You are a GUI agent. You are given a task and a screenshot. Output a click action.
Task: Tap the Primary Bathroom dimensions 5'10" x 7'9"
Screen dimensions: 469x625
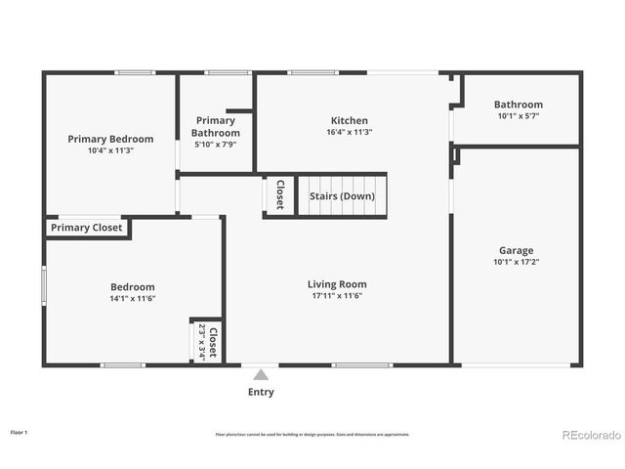216,145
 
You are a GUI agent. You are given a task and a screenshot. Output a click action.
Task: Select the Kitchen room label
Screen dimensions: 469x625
350,119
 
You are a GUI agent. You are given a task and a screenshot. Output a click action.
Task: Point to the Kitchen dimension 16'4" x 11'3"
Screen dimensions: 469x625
350,132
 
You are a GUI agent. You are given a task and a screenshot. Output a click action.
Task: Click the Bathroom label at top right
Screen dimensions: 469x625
518,105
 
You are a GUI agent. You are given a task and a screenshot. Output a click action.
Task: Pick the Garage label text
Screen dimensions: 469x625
517,250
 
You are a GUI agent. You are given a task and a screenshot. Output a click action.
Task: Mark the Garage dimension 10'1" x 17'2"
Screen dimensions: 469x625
517,262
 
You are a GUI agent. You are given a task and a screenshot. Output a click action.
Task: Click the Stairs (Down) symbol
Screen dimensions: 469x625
342,195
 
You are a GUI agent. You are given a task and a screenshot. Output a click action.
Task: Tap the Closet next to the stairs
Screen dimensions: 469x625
279,195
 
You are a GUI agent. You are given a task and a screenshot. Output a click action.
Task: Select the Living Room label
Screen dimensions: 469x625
337,284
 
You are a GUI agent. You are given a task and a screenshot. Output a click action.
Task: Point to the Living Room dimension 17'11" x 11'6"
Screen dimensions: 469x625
337,296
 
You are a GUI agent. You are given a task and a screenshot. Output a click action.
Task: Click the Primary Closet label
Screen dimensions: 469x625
87,228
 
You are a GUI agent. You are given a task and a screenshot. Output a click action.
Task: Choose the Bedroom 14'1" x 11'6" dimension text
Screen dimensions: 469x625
132,298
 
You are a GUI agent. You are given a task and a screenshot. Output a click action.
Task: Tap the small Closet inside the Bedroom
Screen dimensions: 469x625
207,342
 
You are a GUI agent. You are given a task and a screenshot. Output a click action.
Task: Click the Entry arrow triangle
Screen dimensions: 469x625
261,374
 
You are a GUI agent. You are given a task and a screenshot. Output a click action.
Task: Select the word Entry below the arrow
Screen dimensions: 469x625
261,392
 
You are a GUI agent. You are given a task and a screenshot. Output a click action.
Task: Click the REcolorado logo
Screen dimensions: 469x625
589,434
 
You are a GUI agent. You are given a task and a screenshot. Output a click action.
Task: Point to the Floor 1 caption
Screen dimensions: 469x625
19,431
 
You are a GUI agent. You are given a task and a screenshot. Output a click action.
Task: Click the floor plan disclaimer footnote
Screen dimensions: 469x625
312,434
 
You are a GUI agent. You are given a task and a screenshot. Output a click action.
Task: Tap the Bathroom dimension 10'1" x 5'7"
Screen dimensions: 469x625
518,116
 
